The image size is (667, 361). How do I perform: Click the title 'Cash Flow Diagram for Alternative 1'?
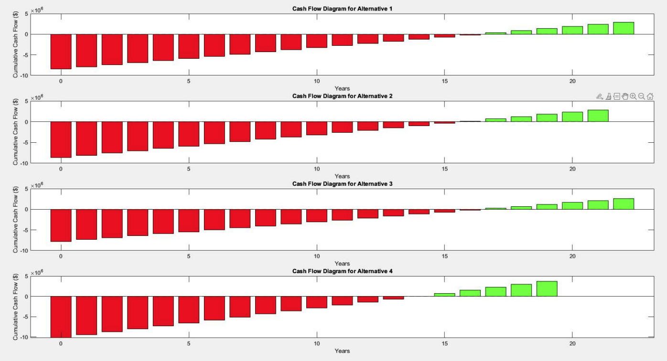342,9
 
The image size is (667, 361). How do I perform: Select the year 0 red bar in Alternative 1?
61,52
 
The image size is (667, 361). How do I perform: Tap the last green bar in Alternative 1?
624,28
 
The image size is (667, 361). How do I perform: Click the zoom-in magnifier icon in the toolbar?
633,96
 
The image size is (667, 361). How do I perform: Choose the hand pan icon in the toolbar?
625,96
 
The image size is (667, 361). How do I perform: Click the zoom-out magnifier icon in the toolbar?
641,96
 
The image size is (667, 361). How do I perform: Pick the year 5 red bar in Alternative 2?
189,134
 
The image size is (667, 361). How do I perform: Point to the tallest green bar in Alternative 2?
598,116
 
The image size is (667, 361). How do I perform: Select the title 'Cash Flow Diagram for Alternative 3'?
342,184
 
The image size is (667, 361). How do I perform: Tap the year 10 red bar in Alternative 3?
317,215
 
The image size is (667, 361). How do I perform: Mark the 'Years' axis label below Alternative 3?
342,264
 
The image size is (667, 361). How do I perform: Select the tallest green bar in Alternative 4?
547,289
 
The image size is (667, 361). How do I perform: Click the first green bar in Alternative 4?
444,295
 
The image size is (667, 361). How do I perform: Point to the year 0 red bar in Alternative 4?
61,317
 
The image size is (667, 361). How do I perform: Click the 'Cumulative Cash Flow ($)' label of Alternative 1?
16,43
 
